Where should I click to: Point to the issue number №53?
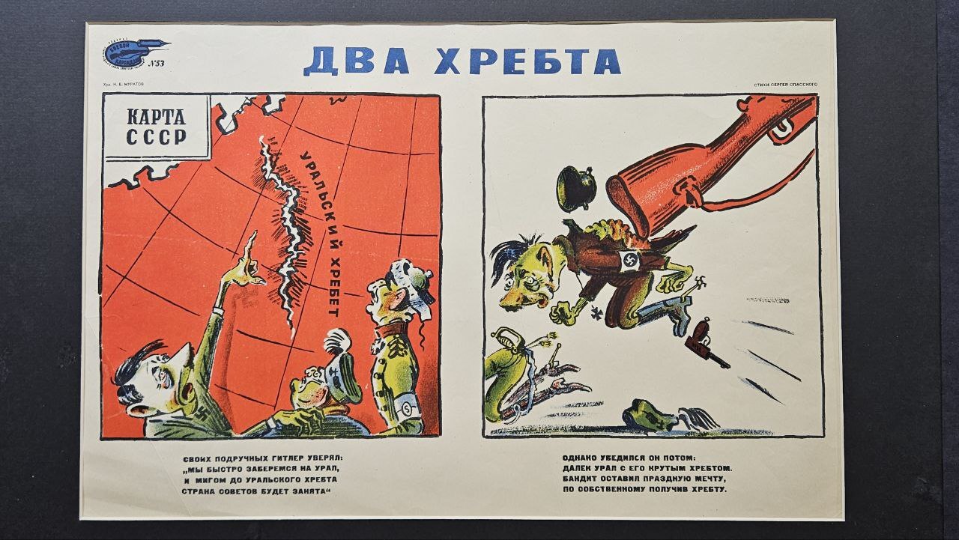157,64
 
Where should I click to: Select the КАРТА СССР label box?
156,127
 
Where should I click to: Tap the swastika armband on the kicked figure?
628,260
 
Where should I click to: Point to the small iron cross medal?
575,307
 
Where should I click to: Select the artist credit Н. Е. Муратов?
124,85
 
